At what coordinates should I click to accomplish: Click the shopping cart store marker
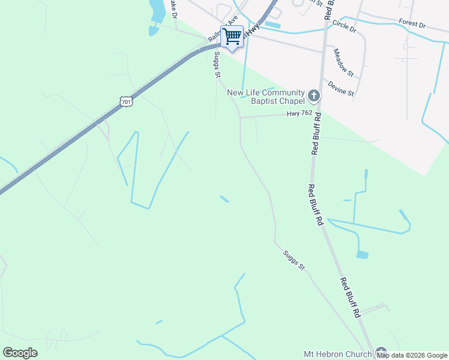232,36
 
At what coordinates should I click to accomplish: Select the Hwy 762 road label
299,113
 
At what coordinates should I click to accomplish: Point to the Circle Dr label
344,26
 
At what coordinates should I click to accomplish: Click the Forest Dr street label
412,24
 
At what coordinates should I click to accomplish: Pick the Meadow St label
344,62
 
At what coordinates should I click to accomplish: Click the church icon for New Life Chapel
313,95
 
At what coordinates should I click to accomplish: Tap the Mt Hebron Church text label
337,354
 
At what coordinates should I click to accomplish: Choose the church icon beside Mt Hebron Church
381,353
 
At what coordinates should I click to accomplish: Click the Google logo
20,353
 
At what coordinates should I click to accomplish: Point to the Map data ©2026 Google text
412,356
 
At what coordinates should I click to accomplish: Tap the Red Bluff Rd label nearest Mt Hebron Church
351,298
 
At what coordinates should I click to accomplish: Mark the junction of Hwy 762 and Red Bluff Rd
318,113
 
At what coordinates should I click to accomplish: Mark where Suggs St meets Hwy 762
241,117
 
